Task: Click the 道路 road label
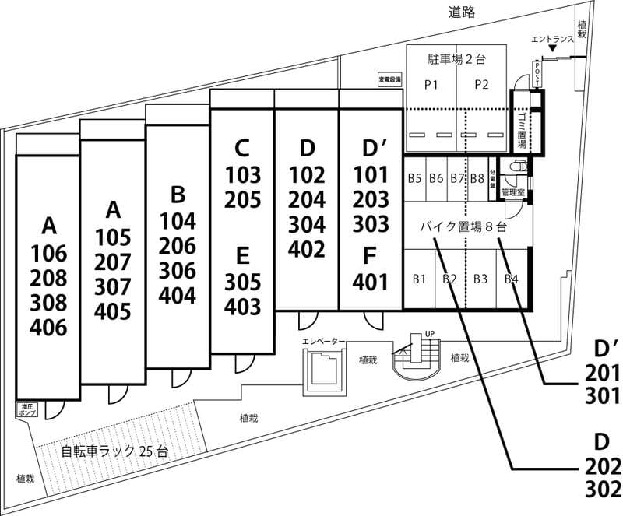tap(461, 12)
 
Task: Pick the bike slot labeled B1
tap(418, 279)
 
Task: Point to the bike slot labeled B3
tap(480, 279)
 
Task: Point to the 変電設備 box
tap(389, 79)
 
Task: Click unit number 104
tap(178, 221)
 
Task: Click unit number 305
tap(242, 282)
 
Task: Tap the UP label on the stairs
tap(428, 335)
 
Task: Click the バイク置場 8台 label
tap(463, 228)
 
